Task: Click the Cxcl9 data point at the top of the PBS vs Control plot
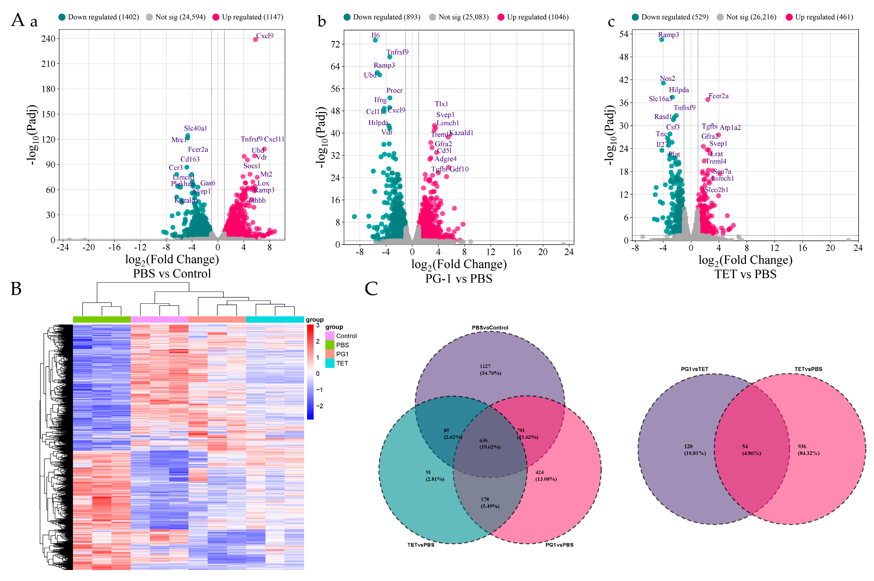[255, 40]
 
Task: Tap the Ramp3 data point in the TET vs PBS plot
[661, 40]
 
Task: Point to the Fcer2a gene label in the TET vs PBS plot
[718, 96]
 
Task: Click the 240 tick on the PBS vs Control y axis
[48, 39]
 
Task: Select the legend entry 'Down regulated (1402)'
[99, 17]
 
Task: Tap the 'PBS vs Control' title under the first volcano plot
[172, 273]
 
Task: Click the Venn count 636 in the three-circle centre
[483, 440]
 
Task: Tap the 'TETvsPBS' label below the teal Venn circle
[421, 545]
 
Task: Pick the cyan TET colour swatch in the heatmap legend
[330, 363]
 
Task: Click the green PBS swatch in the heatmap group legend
[330, 345]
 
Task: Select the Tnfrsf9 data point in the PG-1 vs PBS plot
[389, 57]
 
